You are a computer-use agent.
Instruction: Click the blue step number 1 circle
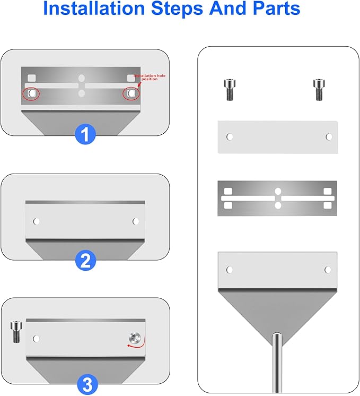[x=85, y=134]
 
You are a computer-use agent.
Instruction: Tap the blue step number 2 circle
[x=85, y=261]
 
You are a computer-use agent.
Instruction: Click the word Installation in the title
[x=94, y=8]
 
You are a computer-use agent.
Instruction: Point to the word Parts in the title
[x=277, y=8]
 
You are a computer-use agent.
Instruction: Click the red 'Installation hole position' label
[x=150, y=78]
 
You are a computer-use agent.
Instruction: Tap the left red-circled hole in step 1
[x=31, y=93]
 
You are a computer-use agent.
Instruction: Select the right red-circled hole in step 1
[x=131, y=94]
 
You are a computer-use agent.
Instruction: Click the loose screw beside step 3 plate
[x=16, y=332]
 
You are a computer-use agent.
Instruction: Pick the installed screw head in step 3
[x=135, y=338]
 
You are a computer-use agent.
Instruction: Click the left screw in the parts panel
[x=230, y=90]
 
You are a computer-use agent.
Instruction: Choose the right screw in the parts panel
[x=319, y=90]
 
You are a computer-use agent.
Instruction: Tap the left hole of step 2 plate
[x=37, y=221]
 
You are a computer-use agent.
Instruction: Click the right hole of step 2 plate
[x=136, y=221]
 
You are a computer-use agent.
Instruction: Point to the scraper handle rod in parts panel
[x=277, y=363]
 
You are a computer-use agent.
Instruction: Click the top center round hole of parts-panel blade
[x=278, y=192]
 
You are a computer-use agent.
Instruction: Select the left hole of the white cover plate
[x=230, y=137]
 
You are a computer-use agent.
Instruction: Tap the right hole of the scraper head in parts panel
[x=328, y=270]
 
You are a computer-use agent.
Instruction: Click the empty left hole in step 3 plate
[x=37, y=339]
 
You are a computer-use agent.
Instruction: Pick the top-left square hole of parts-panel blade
[x=228, y=191]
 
